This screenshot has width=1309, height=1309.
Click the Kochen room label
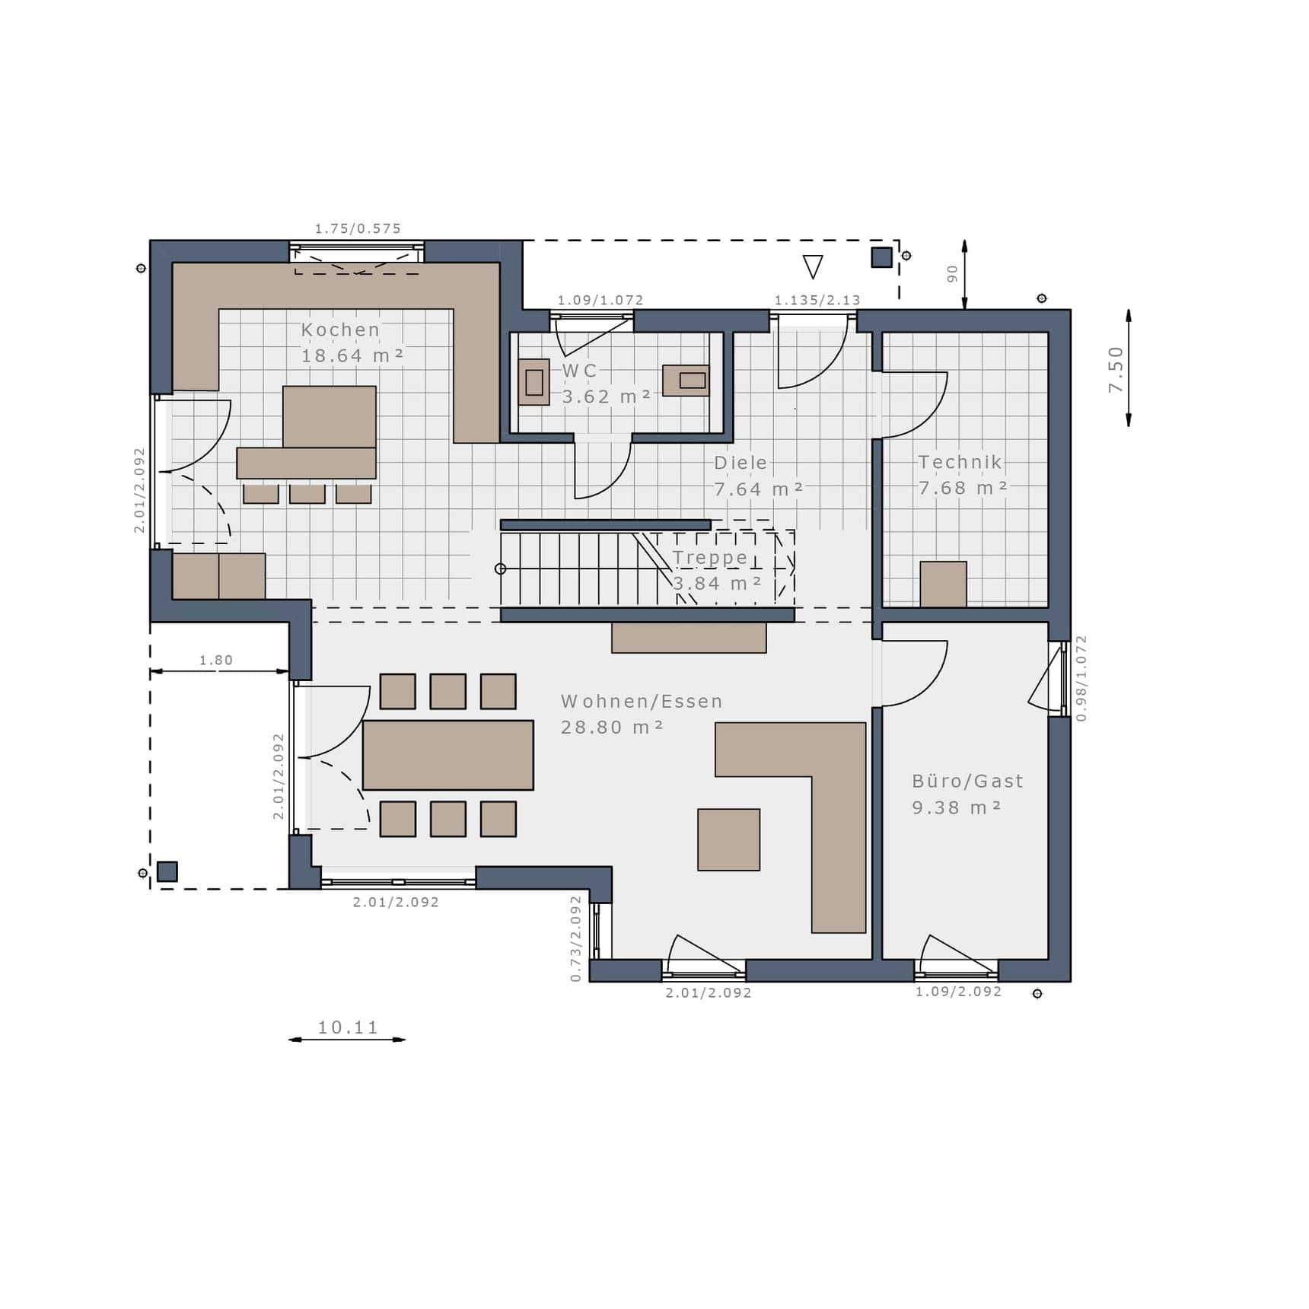340,330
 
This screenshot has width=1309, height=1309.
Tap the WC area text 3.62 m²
607,397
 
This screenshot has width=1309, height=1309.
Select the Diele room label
740,463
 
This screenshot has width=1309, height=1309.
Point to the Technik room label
960,462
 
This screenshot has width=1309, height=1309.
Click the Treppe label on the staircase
711,558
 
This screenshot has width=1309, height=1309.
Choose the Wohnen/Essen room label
642,701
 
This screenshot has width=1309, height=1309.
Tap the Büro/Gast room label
968,781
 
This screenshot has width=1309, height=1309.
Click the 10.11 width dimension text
348,1027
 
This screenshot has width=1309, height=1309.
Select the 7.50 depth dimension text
1116,369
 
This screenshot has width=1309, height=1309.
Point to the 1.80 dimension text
216,660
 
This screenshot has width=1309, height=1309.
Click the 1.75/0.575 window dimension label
358,228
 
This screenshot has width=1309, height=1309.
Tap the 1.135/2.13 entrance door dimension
817,300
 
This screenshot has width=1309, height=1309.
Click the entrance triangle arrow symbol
813,266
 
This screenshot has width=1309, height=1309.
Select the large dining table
448,755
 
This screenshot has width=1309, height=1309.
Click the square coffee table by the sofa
729,839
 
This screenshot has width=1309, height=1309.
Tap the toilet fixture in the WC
533,382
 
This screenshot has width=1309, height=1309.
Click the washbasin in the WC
686,381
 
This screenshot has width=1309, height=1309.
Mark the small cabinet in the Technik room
944,584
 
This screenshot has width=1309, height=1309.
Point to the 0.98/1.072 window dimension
1081,678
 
